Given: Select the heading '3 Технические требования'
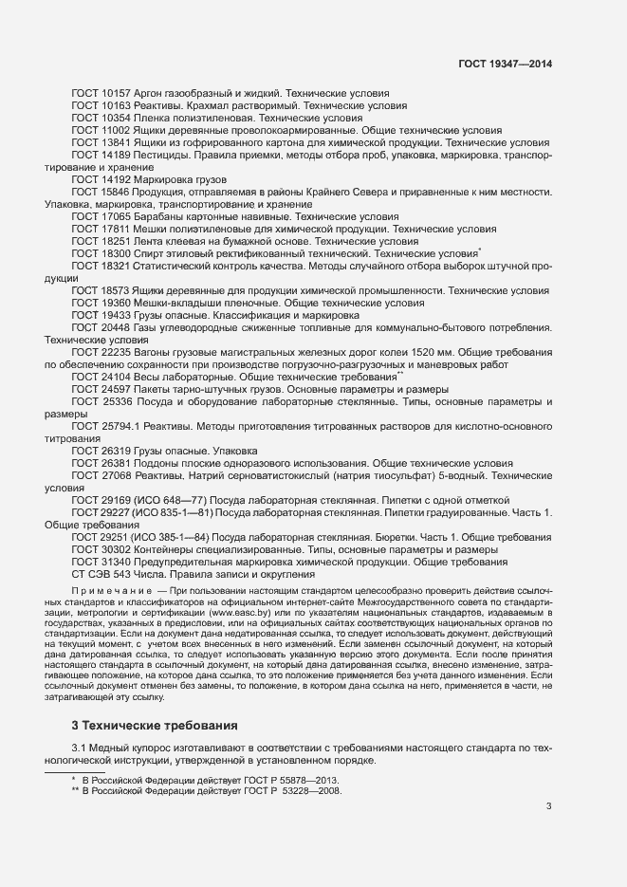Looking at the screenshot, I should [148, 725].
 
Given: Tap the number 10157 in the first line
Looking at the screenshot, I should [116, 94].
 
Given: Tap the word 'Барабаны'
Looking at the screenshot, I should [160, 217].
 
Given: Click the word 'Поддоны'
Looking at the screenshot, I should [160, 464].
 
